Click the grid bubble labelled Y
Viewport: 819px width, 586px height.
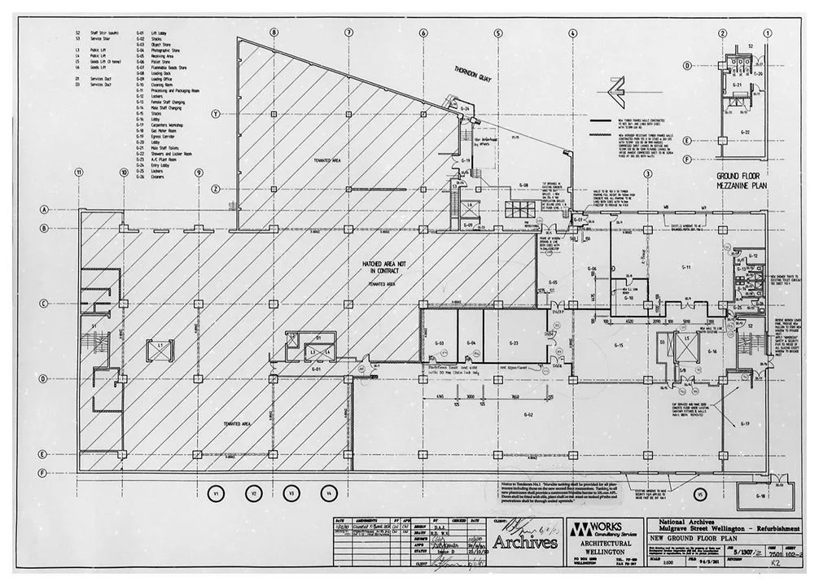pos(215,114)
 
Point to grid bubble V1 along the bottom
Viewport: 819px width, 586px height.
pos(216,493)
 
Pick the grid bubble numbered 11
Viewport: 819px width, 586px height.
pos(79,173)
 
